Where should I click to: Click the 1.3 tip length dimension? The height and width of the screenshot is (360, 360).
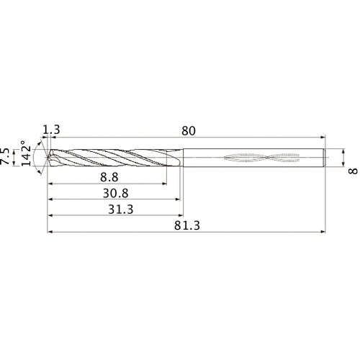[51, 130]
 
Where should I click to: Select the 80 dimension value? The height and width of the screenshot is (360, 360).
[189, 130]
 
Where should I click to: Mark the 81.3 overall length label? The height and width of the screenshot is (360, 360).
[188, 226]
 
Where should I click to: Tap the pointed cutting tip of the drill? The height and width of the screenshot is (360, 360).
[45, 157]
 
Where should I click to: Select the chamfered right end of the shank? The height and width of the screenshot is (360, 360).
[325, 157]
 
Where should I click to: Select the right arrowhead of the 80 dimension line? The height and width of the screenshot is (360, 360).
[322, 137]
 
